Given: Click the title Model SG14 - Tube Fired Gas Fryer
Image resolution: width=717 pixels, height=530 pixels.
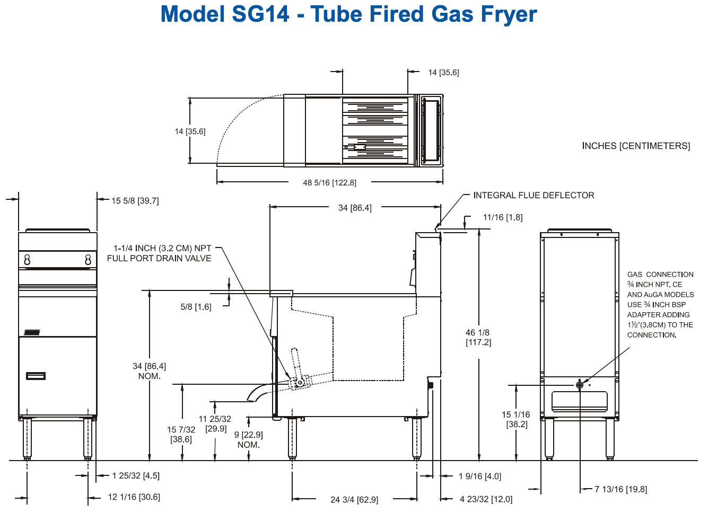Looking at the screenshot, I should [348, 14].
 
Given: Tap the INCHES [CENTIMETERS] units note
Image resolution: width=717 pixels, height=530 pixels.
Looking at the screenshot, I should [636, 146].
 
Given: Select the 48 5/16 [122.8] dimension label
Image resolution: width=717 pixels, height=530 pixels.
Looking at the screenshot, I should [329, 183].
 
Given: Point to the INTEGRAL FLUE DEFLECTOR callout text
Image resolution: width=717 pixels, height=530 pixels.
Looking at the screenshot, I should [534, 195].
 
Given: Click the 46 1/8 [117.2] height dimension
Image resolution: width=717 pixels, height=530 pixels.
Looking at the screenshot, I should [478, 338].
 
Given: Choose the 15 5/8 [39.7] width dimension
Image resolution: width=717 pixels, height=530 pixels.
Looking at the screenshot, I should [135, 201].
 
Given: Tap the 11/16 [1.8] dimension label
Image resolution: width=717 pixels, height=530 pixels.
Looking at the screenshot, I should [502, 217].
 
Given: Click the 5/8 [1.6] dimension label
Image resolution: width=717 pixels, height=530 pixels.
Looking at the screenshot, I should [196, 307].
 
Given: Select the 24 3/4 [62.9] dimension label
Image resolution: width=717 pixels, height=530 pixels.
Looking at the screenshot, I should [354, 500].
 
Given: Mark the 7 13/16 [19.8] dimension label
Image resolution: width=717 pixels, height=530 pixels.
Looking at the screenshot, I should [620, 489].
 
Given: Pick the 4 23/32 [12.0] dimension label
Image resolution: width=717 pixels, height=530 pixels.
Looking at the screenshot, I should [486, 499].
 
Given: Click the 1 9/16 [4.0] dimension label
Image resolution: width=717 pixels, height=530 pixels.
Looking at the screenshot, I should [479, 476].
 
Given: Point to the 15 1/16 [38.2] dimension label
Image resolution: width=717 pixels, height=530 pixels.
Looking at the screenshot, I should [516, 419].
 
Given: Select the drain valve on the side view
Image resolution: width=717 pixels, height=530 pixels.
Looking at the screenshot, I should [300, 382].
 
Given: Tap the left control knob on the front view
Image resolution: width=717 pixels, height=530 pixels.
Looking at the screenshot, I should [28, 260].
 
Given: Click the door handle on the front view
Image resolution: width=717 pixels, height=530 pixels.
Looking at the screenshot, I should [36, 376].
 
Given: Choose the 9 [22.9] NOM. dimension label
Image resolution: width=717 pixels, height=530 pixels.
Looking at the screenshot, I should [248, 440].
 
